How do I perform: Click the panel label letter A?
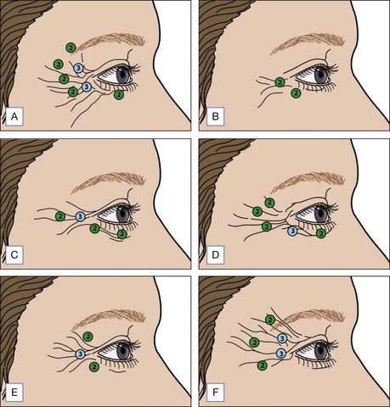14,116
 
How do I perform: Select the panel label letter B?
215,116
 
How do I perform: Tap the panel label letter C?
14,254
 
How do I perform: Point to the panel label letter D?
215,254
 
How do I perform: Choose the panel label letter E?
14,393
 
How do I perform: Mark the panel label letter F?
215,393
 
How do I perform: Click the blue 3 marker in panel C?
81,216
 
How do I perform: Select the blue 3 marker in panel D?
292,231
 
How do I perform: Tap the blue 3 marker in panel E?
81,354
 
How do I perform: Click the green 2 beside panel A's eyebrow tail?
71,47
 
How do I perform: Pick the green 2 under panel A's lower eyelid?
119,95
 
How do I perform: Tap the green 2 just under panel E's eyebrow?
88,337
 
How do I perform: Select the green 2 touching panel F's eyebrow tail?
270,320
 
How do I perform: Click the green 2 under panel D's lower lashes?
321,233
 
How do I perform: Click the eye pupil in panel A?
123,76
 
